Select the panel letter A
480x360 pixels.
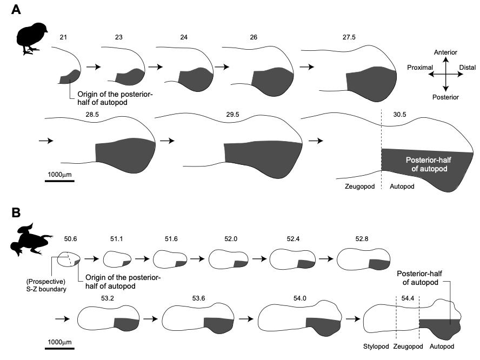click(17, 11)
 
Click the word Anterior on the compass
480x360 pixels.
click(445, 52)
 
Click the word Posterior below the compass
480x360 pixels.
click(445, 97)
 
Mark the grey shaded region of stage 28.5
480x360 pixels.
click(124, 151)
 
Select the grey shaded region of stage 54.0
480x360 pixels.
click(323, 322)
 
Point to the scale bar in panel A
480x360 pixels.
click(59, 181)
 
